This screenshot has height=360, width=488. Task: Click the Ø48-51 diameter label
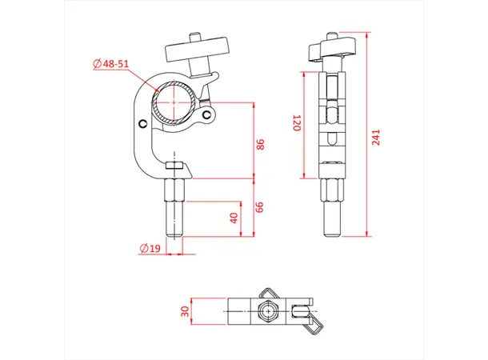112,63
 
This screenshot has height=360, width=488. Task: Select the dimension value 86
260,146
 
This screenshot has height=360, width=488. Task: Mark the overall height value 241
377,138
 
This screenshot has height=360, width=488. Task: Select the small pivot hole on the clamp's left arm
143,123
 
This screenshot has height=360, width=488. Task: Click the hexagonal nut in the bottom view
265,310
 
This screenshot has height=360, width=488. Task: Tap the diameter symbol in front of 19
142,248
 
